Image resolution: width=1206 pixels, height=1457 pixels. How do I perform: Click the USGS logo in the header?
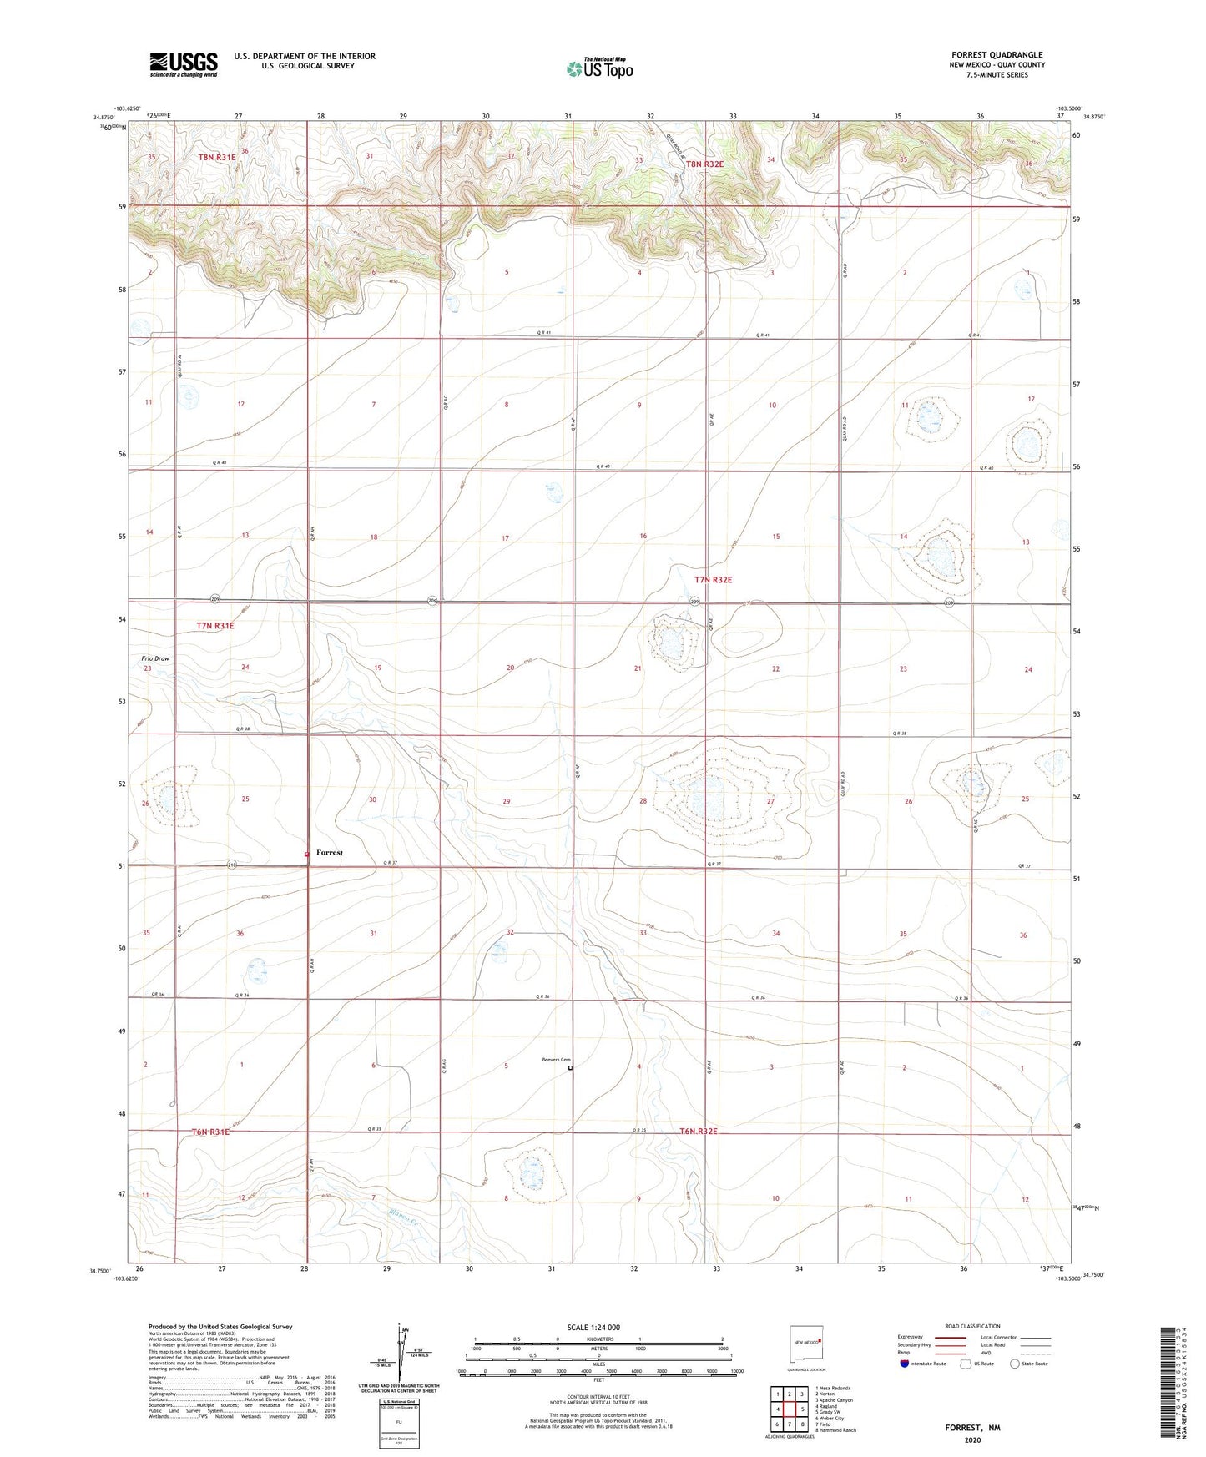(x=183, y=64)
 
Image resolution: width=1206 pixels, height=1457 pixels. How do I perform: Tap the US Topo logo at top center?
(x=599, y=68)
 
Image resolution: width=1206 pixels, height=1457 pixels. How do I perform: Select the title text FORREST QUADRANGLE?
(x=997, y=55)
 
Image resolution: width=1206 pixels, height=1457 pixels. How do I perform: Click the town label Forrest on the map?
(x=330, y=853)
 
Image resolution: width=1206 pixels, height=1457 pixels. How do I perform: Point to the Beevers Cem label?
(x=555, y=1060)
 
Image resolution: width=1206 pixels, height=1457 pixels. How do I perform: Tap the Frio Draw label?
(x=155, y=658)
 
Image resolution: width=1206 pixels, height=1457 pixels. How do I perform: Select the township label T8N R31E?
(x=217, y=157)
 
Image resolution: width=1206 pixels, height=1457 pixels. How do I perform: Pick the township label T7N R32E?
(x=713, y=579)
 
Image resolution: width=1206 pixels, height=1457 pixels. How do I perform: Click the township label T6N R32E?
(x=699, y=1132)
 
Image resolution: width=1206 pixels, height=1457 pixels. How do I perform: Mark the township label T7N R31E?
(x=215, y=625)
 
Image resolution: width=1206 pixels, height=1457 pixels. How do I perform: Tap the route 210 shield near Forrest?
(x=232, y=865)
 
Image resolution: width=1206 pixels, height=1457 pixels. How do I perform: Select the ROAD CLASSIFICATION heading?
(x=972, y=1326)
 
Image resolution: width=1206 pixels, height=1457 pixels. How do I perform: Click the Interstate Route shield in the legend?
(x=906, y=1364)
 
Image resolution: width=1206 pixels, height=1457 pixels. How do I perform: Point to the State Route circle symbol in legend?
(x=1015, y=1364)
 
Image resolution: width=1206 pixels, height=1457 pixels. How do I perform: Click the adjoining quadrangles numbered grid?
(x=790, y=1409)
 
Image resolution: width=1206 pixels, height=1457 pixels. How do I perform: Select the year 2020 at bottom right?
(x=971, y=1439)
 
